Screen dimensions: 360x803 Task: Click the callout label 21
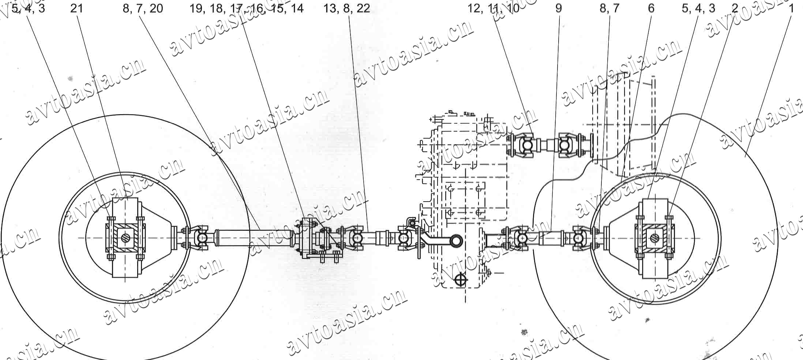click(x=76, y=8)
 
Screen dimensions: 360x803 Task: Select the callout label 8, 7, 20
click(x=143, y=8)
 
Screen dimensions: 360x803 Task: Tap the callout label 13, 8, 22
click(x=346, y=8)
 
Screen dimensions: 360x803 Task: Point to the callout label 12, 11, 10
click(x=493, y=8)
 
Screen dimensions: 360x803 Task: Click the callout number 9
click(x=558, y=8)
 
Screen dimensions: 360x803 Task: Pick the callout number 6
click(x=651, y=8)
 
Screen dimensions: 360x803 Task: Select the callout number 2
click(x=735, y=8)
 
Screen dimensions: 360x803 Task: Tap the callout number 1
click(x=791, y=8)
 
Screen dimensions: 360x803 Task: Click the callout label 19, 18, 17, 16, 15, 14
click(x=246, y=8)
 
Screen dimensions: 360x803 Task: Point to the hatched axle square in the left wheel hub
click(x=125, y=238)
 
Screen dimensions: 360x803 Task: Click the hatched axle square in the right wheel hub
click(x=654, y=238)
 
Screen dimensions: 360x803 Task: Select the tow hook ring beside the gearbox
click(x=457, y=240)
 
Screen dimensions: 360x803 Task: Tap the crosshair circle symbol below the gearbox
click(x=461, y=280)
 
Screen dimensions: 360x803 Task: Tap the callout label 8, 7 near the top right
click(x=609, y=8)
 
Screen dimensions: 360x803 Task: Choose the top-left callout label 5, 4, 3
click(x=28, y=8)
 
